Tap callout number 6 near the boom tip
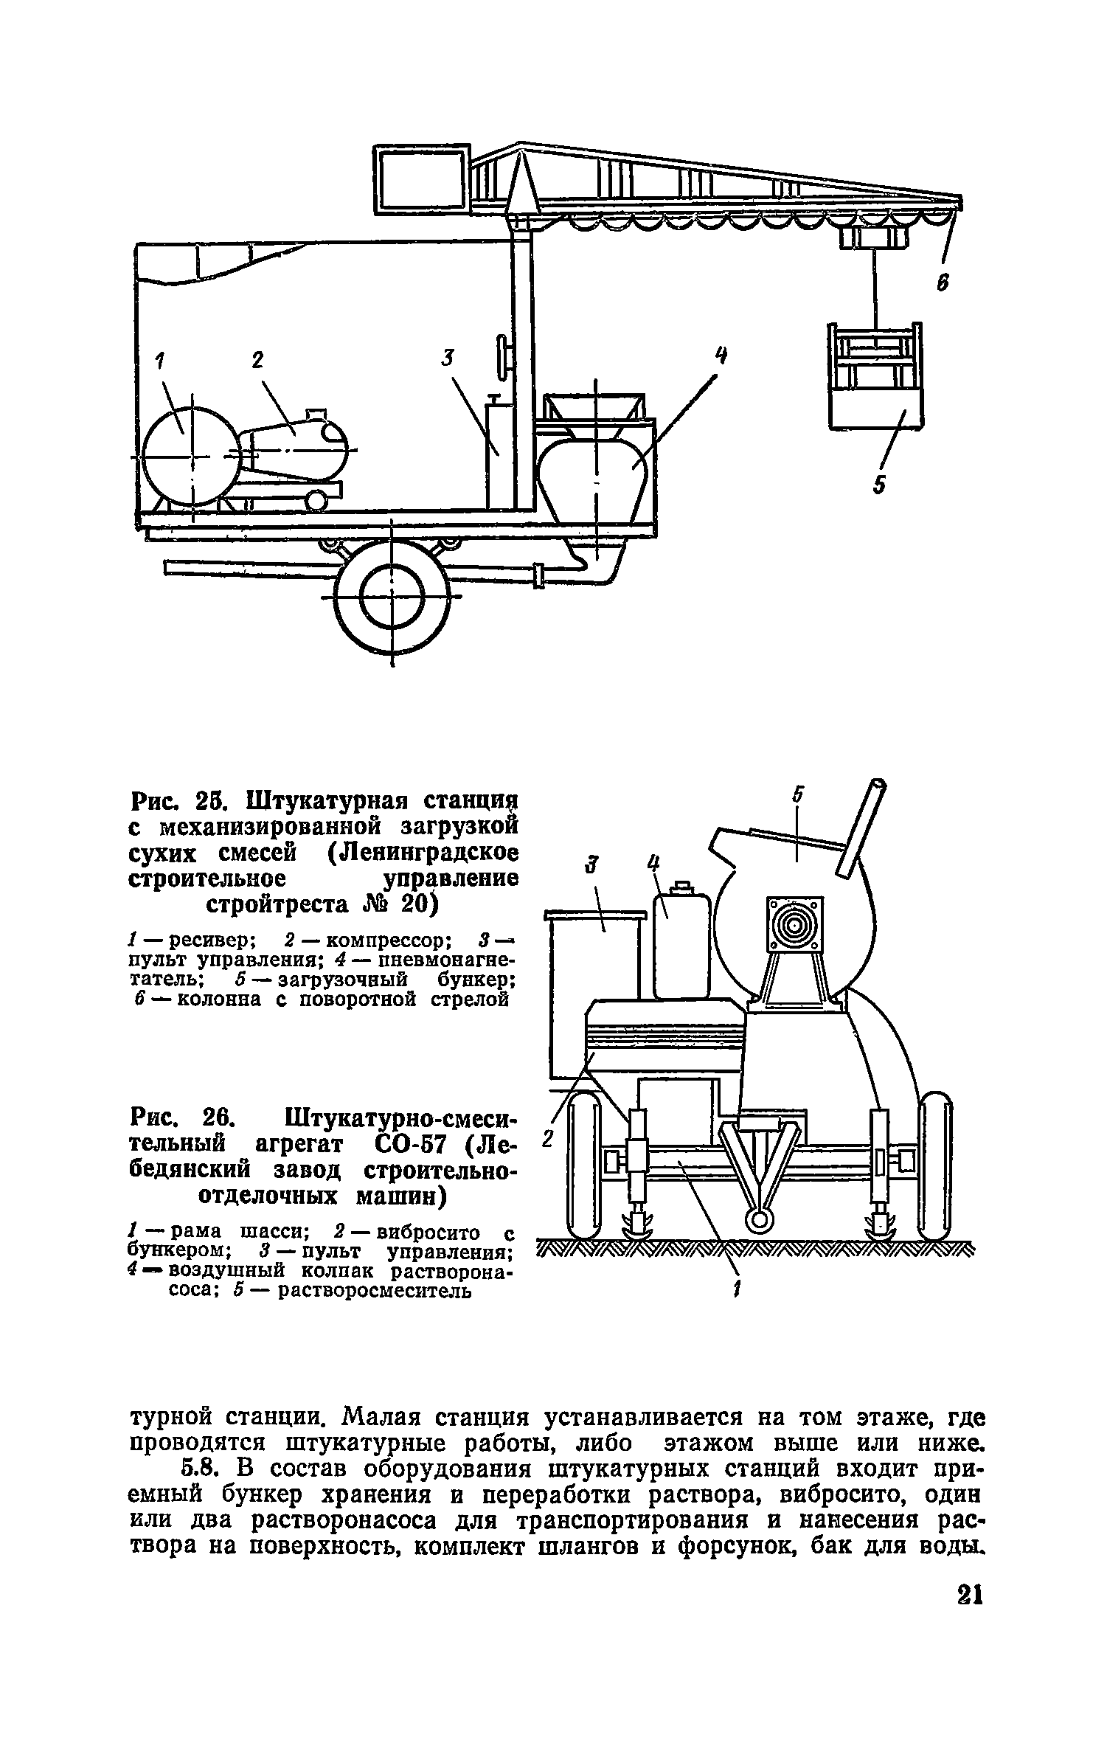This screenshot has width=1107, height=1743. click(943, 285)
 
